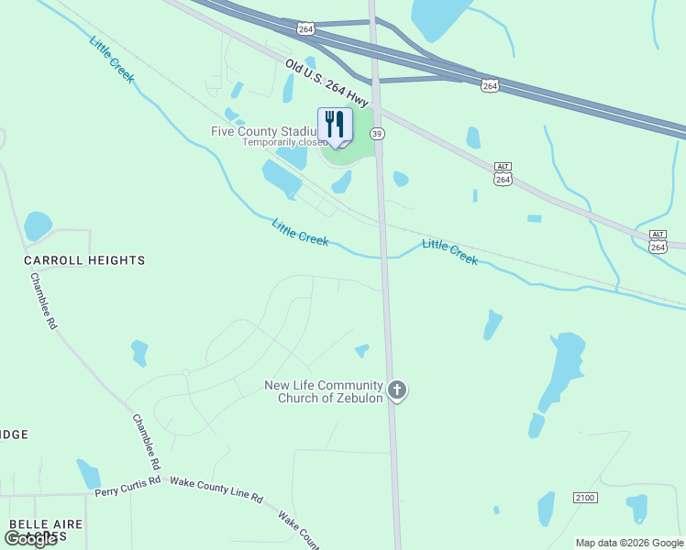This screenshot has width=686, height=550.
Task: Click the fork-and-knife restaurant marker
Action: pos(335,125)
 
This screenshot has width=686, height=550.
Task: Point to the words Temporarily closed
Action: pos(283,143)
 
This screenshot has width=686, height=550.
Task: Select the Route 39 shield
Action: pos(377,134)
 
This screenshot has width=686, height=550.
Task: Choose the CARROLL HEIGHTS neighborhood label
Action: pos(84,260)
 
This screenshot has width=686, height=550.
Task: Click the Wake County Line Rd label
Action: pos(216,489)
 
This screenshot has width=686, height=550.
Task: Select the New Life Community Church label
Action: pos(323,391)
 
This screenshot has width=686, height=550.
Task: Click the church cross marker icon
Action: pos(397,390)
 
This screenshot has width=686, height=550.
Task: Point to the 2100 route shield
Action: pos(585,497)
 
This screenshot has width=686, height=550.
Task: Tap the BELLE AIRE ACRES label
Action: pos(45,529)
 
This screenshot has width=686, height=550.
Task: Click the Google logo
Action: pos(30,539)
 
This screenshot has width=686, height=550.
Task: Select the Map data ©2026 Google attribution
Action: pos(629,543)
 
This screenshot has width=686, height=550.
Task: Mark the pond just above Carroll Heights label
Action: pos(38,225)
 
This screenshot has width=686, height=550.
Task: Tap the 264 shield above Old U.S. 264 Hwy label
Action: pos(305,29)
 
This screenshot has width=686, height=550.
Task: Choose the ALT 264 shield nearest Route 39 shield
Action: pos(503,174)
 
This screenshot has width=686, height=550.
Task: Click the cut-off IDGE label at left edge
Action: pos(14,434)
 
